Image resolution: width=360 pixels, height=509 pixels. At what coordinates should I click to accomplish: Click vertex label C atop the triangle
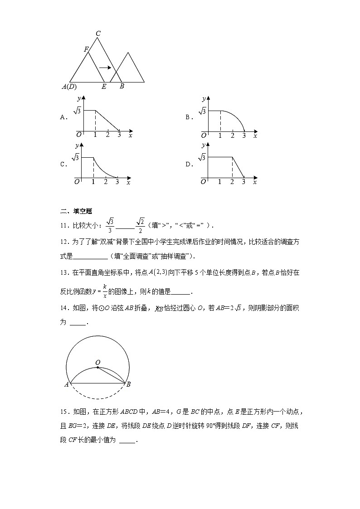(x=98, y=33)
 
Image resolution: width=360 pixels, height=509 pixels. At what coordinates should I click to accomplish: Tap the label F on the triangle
(x=86, y=49)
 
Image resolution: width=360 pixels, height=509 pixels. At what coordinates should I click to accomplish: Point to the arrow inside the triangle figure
(x=105, y=68)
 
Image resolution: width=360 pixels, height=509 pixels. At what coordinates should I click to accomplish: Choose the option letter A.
(x=63, y=117)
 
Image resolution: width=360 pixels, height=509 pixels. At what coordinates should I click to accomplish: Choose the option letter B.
(x=188, y=117)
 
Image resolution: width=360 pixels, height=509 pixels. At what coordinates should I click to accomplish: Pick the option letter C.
(x=63, y=165)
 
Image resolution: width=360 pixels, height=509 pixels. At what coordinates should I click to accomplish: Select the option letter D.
(x=188, y=165)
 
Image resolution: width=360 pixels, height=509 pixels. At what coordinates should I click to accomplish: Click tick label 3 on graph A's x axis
(x=119, y=135)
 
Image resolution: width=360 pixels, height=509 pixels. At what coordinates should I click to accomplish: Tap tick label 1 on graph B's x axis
(x=220, y=136)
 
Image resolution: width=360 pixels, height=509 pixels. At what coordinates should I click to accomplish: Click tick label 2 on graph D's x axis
(x=232, y=182)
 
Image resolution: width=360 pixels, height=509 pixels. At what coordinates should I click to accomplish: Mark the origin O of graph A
(x=78, y=135)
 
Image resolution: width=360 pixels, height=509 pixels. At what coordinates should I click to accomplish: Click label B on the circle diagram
(x=128, y=385)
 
